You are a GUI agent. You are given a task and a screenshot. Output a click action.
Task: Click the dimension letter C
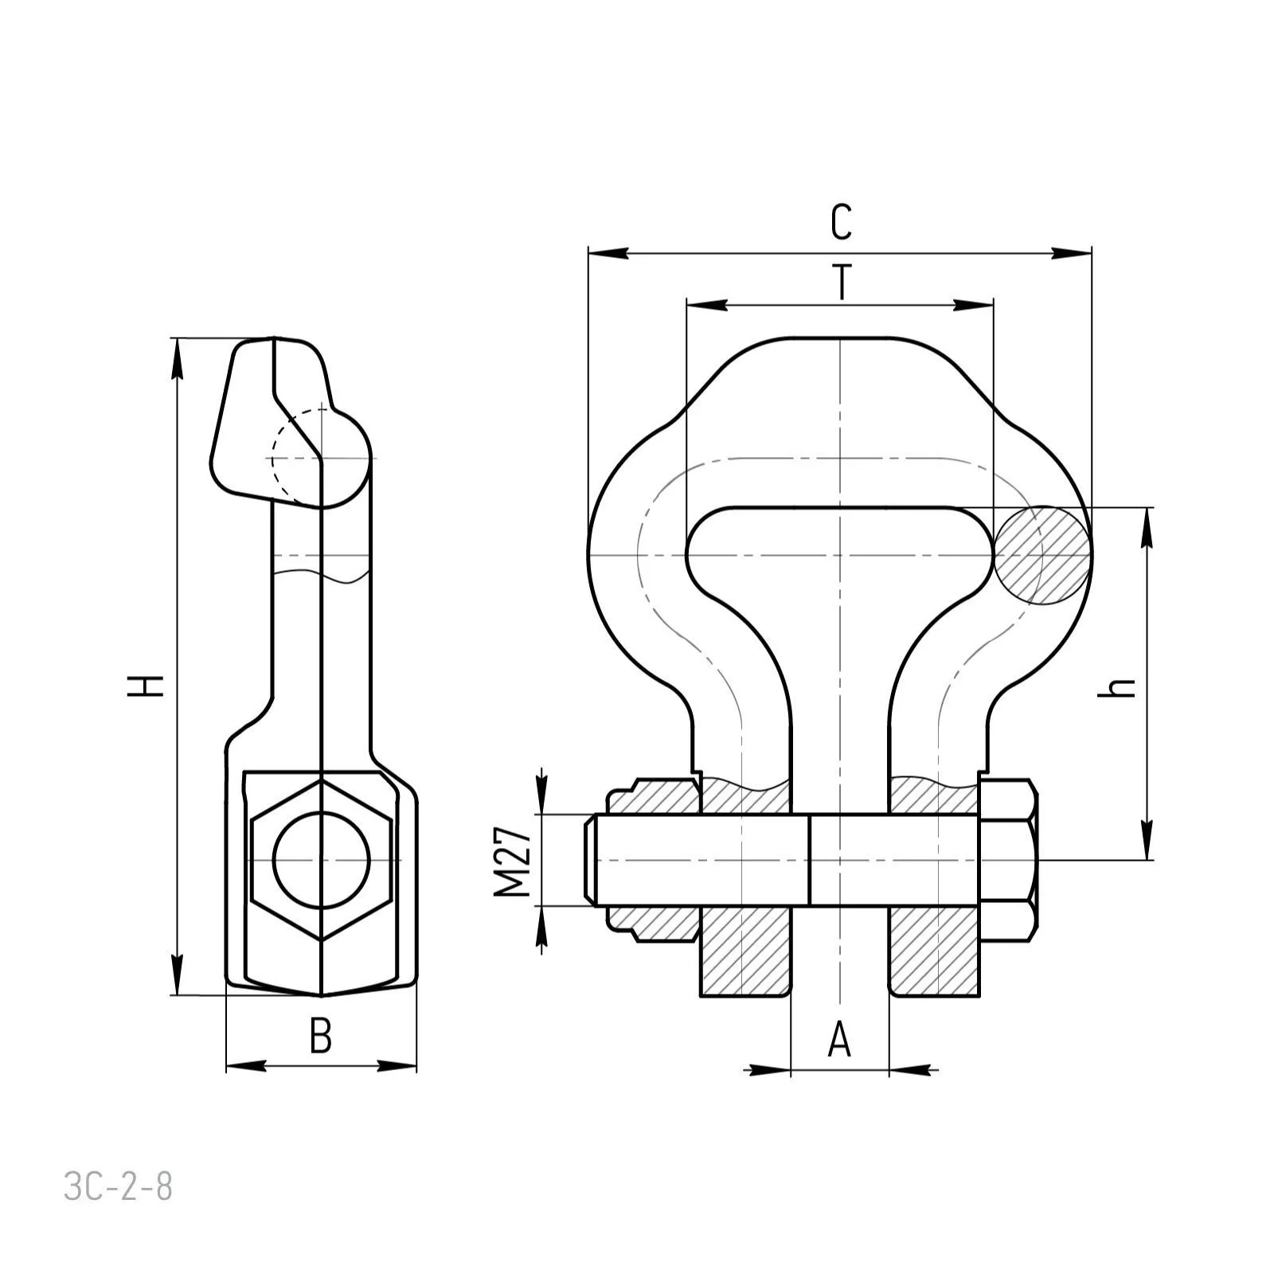coord(841,222)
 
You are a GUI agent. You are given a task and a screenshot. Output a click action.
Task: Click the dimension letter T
coord(842,283)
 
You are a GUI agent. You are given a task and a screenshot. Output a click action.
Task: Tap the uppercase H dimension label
coord(146,686)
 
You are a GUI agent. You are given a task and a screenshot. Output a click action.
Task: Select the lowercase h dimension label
coord(1116,687)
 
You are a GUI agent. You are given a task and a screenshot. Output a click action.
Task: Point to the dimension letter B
coord(320,1036)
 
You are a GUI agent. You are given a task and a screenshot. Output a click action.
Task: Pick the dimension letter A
coord(839,1040)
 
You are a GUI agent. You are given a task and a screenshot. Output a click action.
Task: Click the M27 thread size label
coord(512,861)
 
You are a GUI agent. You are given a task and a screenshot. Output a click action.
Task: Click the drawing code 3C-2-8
coord(118,1187)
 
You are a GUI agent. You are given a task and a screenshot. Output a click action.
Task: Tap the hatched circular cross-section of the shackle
coord(1043,555)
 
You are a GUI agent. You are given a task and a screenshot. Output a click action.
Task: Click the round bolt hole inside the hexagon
coord(322,860)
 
